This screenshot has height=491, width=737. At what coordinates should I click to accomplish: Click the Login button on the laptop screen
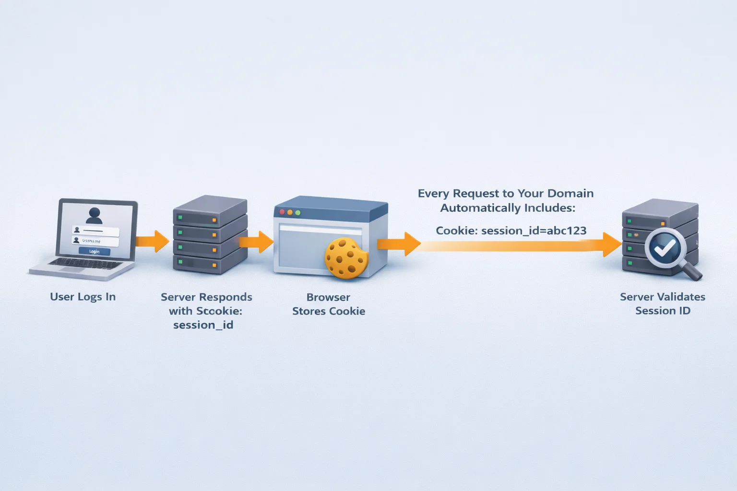(x=94, y=251)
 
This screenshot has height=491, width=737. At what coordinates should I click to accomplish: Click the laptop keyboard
(x=85, y=263)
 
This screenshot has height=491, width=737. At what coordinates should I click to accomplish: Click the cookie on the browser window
(x=345, y=258)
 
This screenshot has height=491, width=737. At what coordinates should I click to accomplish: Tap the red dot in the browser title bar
(x=282, y=212)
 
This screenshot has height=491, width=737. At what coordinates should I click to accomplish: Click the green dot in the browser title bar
(x=297, y=212)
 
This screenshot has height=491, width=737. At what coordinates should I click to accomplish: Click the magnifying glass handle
(x=692, y=271)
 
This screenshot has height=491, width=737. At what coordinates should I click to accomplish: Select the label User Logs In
(x=83, y=297)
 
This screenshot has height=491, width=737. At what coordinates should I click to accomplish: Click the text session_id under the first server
(x=203, y=325)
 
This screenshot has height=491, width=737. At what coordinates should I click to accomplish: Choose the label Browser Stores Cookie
(x=329, y=304)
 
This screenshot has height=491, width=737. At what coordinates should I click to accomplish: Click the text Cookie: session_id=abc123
(x=511, y=231)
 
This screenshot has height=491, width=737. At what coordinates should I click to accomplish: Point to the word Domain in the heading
(x=570, y=193)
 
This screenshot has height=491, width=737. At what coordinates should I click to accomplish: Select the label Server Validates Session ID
(x=662, y=304)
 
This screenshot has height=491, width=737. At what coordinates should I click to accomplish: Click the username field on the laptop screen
(x=95, y=241)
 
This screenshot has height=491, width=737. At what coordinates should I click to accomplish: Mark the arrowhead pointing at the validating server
(x=612, y=245)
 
